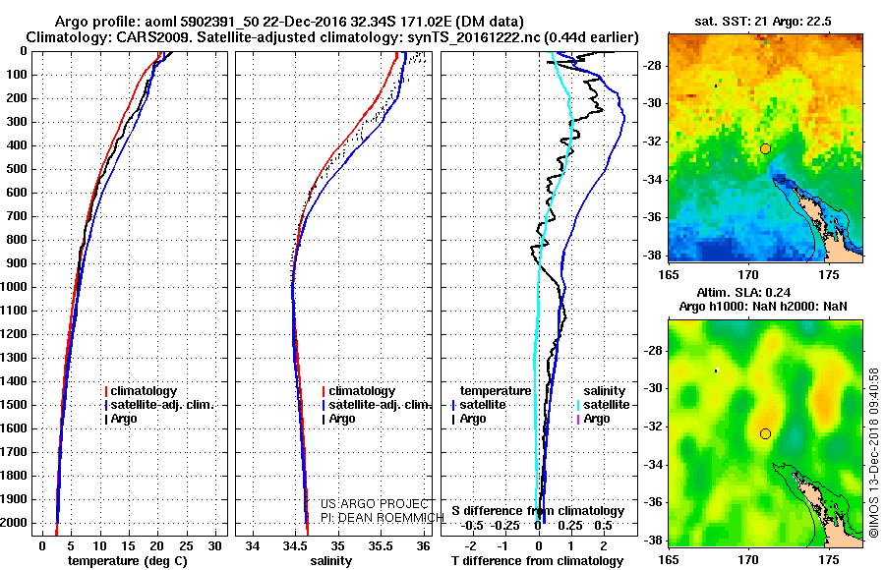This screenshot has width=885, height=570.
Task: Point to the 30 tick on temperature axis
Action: (x=216, y=545)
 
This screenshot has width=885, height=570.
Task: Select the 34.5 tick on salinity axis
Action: (x=294, y=545)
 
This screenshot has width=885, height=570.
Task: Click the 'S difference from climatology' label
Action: (x=538, y=511)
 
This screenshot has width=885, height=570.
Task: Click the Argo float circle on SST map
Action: (x=765, y=148)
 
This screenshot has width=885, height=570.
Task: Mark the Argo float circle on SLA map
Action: (x=765, y=433)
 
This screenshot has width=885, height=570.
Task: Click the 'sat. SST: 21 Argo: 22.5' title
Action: (x=764, y=21)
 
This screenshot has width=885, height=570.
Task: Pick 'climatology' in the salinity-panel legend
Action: (x=362, y=391)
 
